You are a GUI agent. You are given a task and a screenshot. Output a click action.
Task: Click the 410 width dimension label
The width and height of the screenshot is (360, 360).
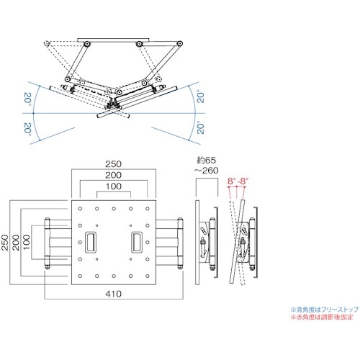(114, 294)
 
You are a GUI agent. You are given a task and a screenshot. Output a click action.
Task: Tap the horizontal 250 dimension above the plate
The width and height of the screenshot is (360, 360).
(114, 164)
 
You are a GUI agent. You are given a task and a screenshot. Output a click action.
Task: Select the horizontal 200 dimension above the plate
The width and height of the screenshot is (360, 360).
(114, 175)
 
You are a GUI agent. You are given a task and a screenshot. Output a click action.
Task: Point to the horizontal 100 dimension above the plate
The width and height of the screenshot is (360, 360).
(114, 186)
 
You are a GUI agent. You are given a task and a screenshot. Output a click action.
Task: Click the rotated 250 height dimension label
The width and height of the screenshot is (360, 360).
(5, 243)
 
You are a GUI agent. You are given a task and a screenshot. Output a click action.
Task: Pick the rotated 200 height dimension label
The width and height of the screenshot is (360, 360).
(16, 243)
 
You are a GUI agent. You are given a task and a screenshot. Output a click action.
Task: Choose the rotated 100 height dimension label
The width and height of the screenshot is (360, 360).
(27, 243)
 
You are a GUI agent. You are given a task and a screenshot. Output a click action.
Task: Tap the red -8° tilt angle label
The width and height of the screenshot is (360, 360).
(243, 181)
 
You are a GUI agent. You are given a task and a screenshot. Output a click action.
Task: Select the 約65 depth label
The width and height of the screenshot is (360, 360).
(207, 160)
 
